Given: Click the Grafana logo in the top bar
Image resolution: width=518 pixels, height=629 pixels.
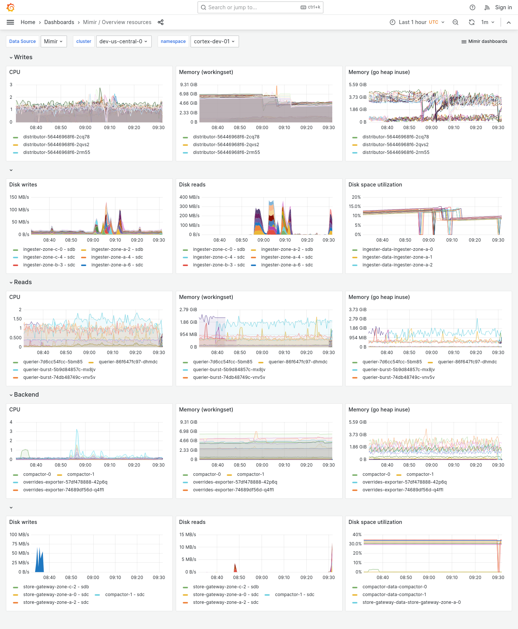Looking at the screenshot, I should click(x=11, y=7).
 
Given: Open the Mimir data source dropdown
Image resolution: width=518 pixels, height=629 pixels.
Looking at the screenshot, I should click(x=54, y=41).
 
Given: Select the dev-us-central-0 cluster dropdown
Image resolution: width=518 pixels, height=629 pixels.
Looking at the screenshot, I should click(x=123, y=41).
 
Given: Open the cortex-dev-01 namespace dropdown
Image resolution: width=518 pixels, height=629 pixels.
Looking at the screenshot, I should click(x=214, y=41).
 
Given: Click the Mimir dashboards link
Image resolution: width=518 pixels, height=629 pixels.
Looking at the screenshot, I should click(x=484, y=41).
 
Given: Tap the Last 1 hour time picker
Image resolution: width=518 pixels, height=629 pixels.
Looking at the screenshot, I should click(x=417, y=22).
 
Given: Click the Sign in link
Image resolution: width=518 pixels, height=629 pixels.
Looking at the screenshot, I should click(x=503, y=7).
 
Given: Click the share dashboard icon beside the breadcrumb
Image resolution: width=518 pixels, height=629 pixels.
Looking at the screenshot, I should click(x=161, y=22).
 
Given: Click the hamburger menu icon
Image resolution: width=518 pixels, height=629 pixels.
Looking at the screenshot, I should click(x=10, y=22).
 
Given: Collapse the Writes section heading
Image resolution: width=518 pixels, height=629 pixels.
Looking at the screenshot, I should click(x=23, y=57).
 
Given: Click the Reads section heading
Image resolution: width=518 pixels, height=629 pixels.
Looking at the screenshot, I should click(x=23, y=282).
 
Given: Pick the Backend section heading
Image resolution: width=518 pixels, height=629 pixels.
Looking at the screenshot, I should click(x=26, y=395).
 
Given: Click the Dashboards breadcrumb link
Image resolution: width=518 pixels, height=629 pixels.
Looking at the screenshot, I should click(x=59, y=22).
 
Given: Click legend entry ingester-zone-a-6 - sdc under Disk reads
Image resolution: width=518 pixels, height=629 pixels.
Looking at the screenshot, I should click(x=287, y=265).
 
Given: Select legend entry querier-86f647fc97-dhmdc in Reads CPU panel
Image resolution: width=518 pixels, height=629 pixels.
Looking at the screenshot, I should click(x=128, y=362).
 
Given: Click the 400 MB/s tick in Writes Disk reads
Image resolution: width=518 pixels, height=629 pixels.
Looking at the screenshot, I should click(x=189, y=197).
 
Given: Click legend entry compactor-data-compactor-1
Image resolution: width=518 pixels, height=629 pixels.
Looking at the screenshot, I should click(x=394, y=595).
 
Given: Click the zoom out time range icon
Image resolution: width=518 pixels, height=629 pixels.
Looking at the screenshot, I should click(x=455, y=22).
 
